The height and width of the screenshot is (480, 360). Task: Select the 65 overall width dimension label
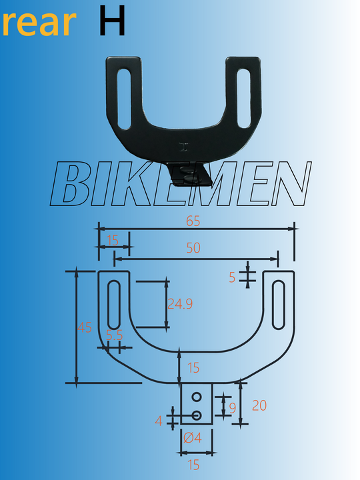click(x=193, y=221)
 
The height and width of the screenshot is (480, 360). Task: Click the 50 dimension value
click(x=193, y=248)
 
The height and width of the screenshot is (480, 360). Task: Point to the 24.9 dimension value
click(x=180, y=304)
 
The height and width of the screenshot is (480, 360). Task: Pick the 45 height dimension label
click(x=85, y=327)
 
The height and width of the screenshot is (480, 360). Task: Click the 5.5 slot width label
click(x=114, y=335)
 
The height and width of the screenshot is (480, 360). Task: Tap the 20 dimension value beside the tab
click(x=259, y=405)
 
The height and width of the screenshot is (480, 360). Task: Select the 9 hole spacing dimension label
click(x=232, y=408)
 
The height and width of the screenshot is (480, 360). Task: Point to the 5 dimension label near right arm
click(x=232, y=277)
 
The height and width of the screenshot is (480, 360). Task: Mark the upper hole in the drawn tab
click(x=197, y=397)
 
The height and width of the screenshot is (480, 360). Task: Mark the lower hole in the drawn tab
click(x=197, y=415)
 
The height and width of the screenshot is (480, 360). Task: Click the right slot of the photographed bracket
click(x=243, y=99)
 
